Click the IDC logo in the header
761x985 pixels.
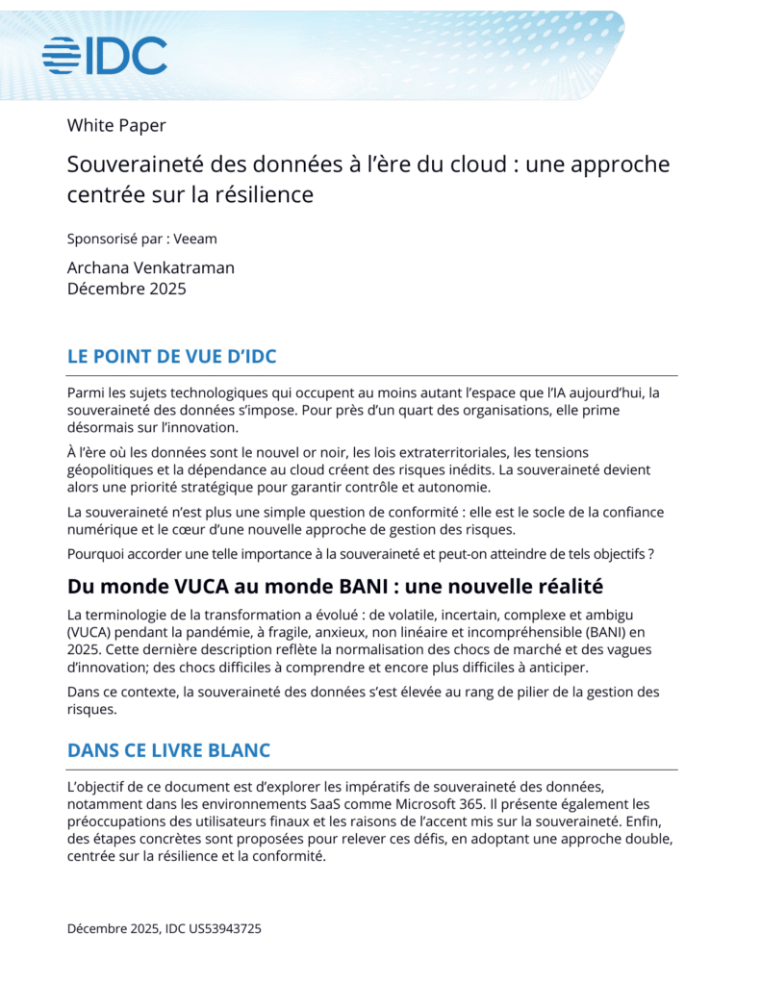(x=105, y=56)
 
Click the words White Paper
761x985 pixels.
(x=116, y=125)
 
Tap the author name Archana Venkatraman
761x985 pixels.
(x=150, y=267)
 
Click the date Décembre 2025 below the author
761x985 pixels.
(x=126, y=288)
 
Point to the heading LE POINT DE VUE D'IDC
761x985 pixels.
(x=171, y=357)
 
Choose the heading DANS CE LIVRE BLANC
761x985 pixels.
(x=168, y=750)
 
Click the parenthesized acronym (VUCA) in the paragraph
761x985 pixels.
(x=92, y=632)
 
